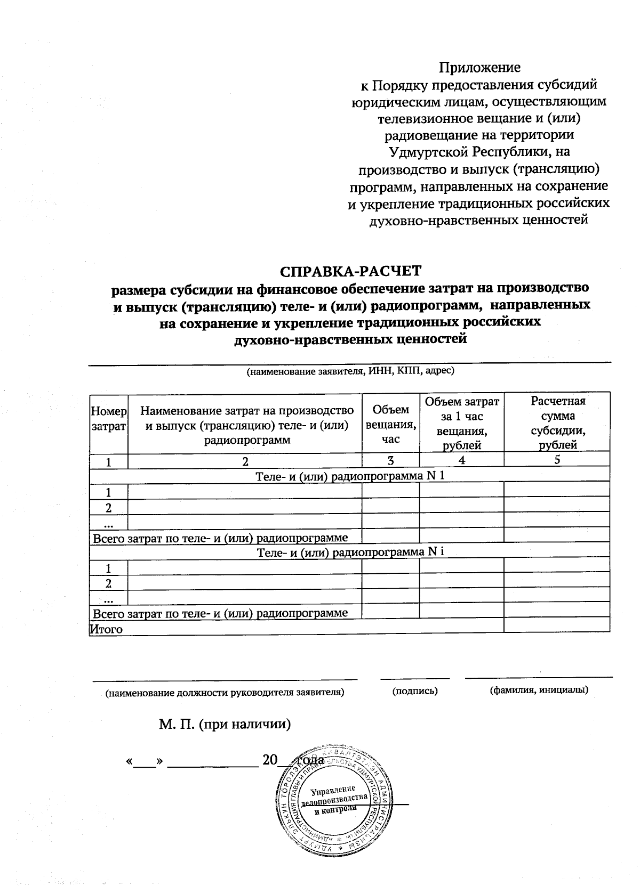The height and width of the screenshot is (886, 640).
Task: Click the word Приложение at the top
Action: point(479,68)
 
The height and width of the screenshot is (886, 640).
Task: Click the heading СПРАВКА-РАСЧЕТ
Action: point(350,271)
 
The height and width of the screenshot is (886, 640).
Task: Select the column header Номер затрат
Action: point(109,419)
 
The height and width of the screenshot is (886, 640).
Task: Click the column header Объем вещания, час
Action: point(390,424)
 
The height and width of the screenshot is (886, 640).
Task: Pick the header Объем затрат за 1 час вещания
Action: point(461,423)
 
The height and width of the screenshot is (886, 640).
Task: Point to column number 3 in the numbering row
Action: point(390,461)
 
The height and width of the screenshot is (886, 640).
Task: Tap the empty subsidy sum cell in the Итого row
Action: point(557,625)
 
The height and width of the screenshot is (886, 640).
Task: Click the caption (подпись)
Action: point(414,691)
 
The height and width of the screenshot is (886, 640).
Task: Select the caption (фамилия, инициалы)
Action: point(539,690)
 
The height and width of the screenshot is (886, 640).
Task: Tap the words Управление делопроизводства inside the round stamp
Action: point(334,795)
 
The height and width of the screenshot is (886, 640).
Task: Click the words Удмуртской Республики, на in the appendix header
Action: point(479,152)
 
